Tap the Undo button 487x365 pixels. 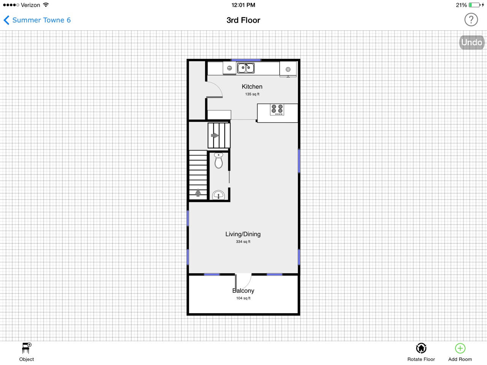[471, 42]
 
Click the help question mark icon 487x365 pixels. [471, 19]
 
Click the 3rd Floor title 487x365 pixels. [243, 20]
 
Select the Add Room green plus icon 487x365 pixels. [460, 348]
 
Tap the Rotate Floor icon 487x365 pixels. [421, 348]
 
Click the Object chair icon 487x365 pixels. [27, 348]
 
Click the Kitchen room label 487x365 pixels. [252, 87]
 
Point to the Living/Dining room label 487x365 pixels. [243, 234]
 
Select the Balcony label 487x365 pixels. [243, 291]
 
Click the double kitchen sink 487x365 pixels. [246, 68]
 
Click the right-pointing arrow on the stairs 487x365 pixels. [215, 135]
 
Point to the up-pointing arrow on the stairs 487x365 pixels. [198, 193]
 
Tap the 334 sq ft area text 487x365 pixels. [243, 242]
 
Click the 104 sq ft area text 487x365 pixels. [243, 298]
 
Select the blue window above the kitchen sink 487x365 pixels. [246, 60]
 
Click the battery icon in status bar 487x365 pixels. [474, 5]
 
